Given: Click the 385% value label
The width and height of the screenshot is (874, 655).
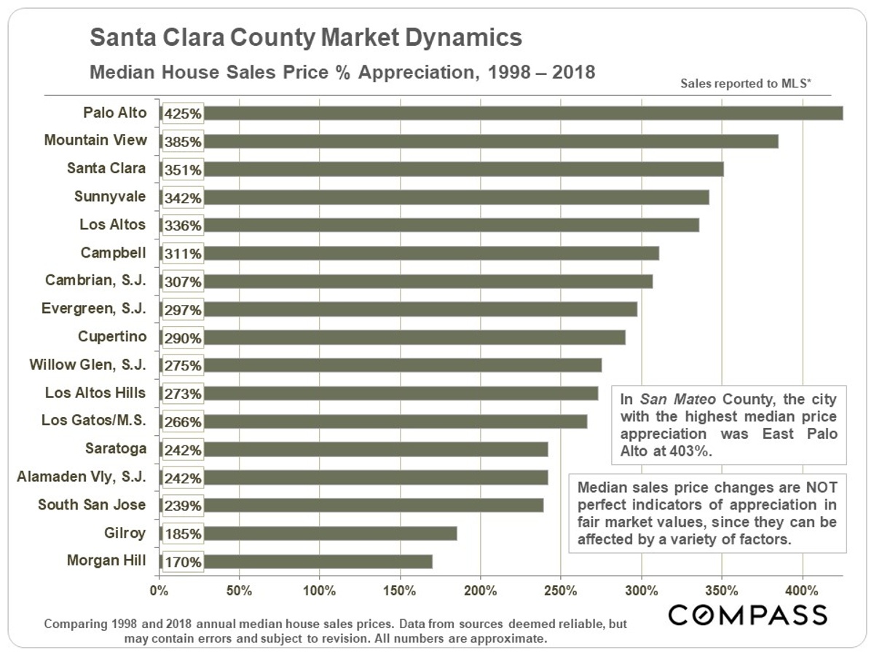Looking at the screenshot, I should pyautogui.click(x=183, y=141).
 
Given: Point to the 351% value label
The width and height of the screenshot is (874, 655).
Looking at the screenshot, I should pyautogui.click(x=183, y=170).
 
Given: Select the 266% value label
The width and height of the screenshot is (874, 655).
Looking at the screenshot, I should pyautogui.click(x=183, y=421).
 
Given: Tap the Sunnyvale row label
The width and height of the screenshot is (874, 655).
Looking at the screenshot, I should pyautogui.click(x=110, y=196).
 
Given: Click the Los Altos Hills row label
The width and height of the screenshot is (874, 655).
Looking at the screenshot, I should pyautogui.click(x=95, y=393).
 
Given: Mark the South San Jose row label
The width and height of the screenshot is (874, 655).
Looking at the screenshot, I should pyautogui.click(x=92, y=505).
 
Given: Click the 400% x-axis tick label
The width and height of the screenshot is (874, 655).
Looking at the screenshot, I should pyautogui.click(x=802, y=590).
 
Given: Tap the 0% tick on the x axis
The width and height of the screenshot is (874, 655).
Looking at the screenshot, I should pyautogui.click(x=159, y=590).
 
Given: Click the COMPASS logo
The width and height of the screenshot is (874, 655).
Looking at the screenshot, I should pyautogui.click(x=748, y=615).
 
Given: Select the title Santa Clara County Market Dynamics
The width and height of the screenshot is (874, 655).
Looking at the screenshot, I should pyautogui.click(x=305, y=38).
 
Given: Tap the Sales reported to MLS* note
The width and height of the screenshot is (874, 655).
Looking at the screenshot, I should pyautogui.click(x=746, y=84).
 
